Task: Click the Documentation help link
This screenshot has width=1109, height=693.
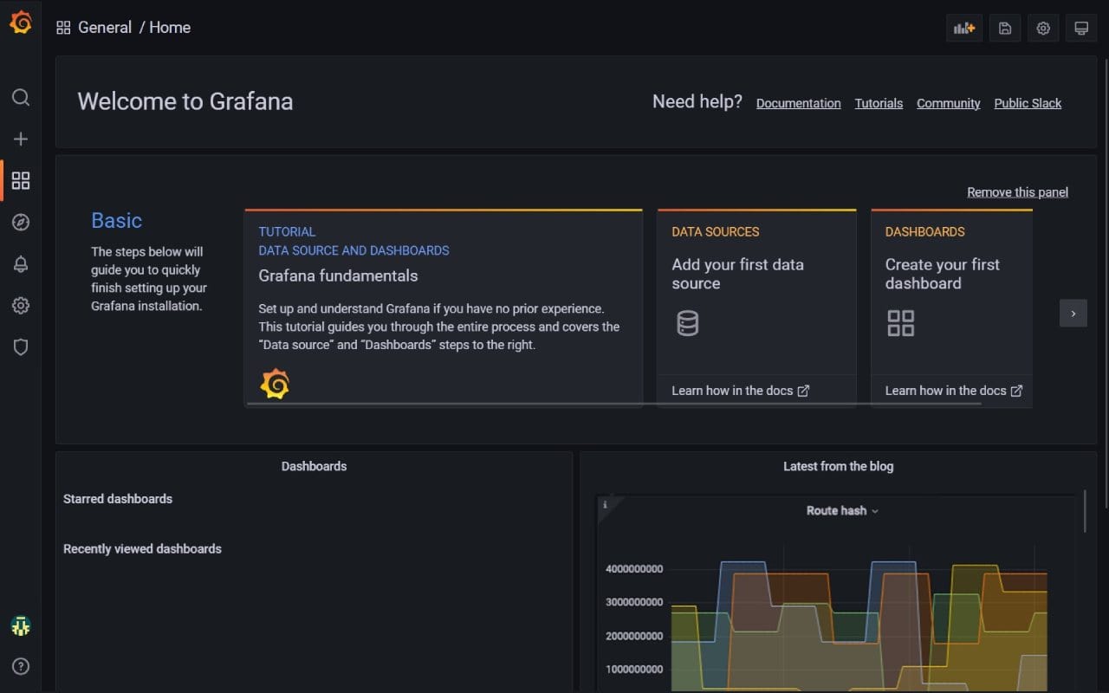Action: click(798, 103)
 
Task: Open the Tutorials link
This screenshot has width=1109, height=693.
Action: click(879, 103)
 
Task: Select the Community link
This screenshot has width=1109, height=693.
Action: click(948, 103)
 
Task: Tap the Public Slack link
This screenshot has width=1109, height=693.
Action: click(1028, 103)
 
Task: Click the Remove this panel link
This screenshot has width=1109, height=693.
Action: click(1017, 192)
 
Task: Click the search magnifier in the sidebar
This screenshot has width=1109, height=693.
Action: click(21, 97)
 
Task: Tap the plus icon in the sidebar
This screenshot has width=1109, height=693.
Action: click(21, 139)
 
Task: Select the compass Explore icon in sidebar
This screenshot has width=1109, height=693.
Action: click(21, 223)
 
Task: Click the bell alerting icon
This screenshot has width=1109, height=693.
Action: click(21, 264)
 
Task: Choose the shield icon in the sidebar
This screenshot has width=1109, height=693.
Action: click(21, 347)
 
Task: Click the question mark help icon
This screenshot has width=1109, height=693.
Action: click(21, 666)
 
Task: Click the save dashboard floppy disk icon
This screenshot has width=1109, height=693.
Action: click(1005, 28)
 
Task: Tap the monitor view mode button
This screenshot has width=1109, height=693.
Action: click(1081, 28)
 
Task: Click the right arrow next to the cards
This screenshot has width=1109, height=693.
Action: click(1073, 314)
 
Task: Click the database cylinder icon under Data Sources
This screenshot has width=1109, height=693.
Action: click(687, 323)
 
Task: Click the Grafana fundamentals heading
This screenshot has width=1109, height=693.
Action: click(338, 275)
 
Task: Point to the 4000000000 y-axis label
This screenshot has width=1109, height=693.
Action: click(633, 569)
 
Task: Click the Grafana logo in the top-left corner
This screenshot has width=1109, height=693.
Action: click(21, 23)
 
